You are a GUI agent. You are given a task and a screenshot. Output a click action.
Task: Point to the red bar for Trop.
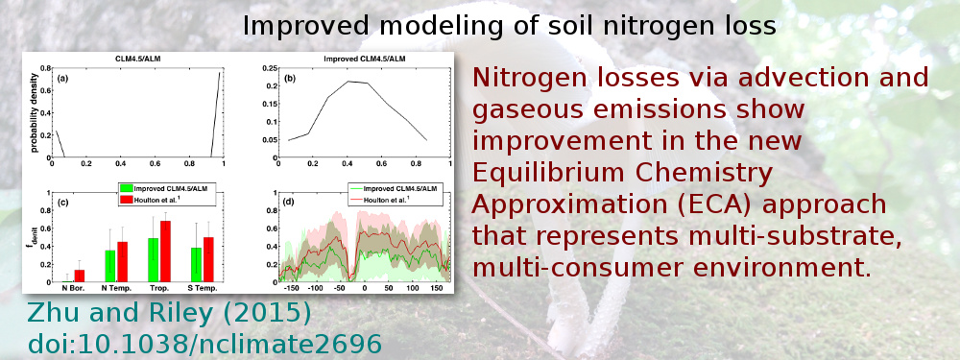pyautogui.click(x=166, y=252)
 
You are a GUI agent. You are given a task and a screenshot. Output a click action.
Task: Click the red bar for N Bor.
pyautogui.click(x=79, y=276)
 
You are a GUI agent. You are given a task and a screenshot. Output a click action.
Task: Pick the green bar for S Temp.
pyautogui.click(x=196, y=265)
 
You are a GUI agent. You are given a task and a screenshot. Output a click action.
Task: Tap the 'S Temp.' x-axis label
pyautogui.click(x=201, y=288)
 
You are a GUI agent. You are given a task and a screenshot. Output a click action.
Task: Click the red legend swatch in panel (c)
pyautogui.click(x=125, y=200)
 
